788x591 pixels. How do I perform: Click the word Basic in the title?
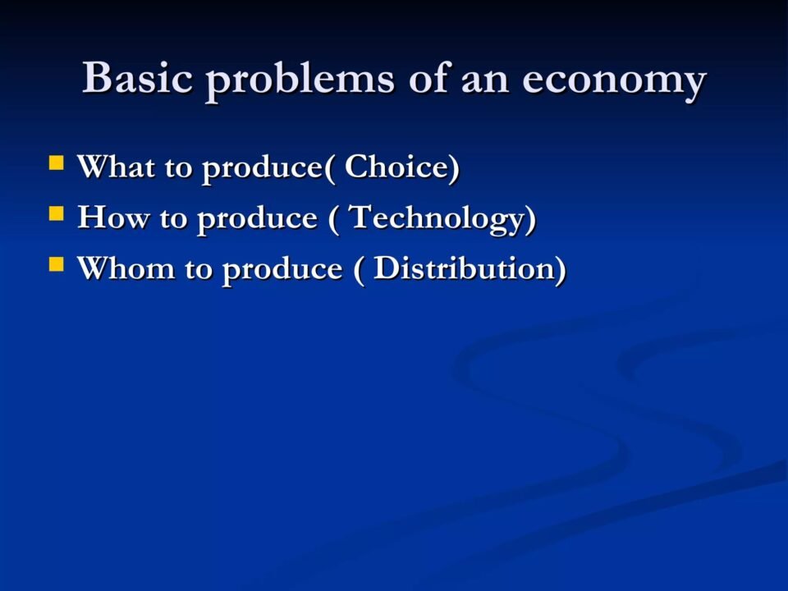137,77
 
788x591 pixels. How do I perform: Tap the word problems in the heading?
300,80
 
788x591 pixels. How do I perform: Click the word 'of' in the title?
428,77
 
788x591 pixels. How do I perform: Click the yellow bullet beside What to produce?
57,163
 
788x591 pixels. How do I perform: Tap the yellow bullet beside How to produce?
57,213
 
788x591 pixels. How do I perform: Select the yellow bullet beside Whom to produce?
57,264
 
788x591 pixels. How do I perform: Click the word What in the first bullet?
116,167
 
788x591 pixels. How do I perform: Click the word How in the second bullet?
113,218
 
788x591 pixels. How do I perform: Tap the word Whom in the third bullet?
126,268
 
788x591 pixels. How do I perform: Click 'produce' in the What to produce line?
262,169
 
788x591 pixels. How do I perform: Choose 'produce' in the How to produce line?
257,221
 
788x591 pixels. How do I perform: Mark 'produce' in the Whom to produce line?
282,271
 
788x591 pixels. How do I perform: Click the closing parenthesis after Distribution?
561,270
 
